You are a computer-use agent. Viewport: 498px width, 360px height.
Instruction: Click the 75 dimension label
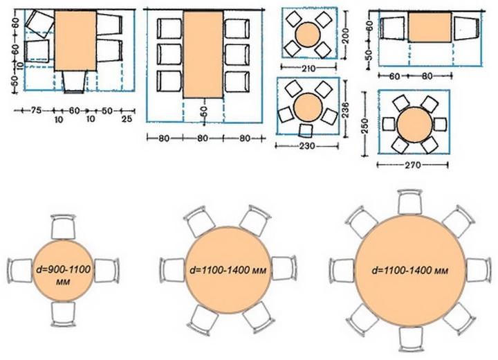(36, 111)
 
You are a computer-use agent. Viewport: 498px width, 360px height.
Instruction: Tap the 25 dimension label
(127, 119)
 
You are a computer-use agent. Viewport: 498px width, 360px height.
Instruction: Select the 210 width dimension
(308, 69)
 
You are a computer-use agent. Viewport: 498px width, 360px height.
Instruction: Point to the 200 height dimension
(346, 36)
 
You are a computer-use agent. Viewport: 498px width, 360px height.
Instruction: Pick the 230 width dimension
(307, 146)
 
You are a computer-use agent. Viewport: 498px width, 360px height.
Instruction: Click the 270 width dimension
(413, 165)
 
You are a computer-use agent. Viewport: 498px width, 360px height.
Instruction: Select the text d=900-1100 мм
(63, 276)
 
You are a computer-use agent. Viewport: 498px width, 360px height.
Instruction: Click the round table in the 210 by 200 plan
(307, 35)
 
